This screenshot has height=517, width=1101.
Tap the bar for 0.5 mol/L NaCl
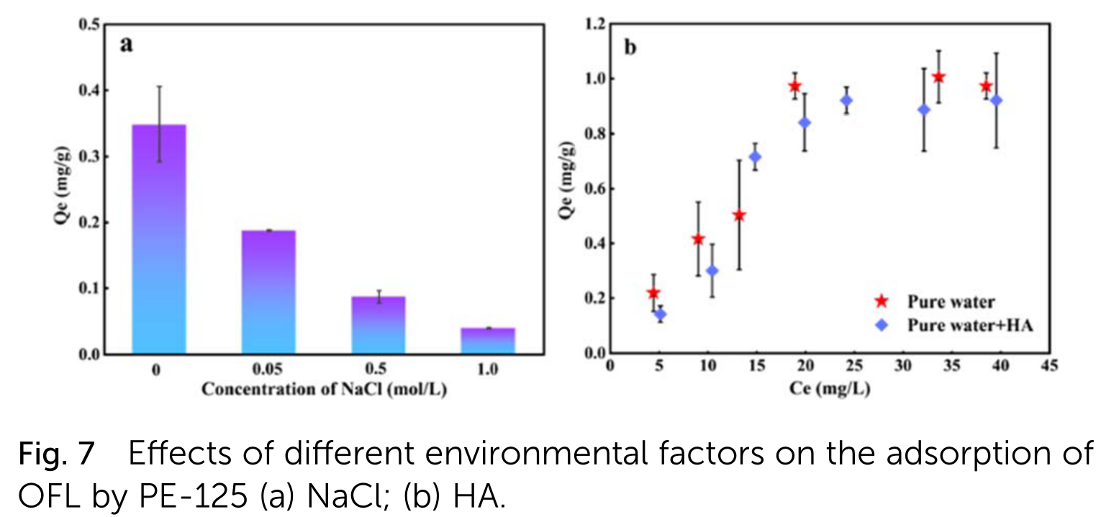point(378,324)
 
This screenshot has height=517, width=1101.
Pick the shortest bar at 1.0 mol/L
point(487,340)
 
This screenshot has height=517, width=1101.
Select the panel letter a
point(127,45)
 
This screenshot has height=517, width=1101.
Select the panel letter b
point(630,48)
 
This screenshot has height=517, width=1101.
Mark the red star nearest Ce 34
point(938,77)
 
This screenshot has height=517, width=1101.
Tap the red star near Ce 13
point(738,215)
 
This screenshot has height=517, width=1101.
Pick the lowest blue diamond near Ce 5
point(660,314)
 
